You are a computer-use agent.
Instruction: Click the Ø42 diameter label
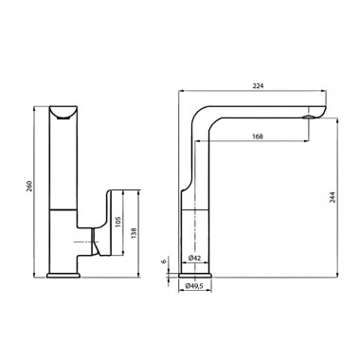[195, 258]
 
